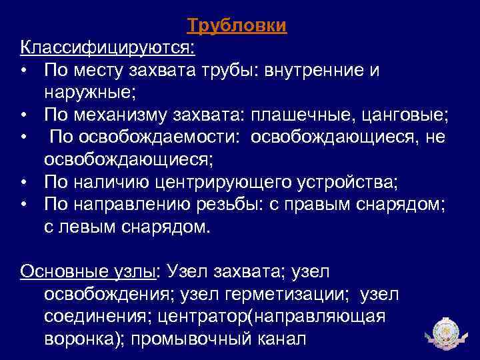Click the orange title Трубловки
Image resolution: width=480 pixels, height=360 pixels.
point(237,25)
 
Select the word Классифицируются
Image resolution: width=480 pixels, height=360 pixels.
point(107,47)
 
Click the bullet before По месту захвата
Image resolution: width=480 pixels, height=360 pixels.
point(24,70)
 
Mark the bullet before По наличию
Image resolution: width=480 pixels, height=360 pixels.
point(24,182)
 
